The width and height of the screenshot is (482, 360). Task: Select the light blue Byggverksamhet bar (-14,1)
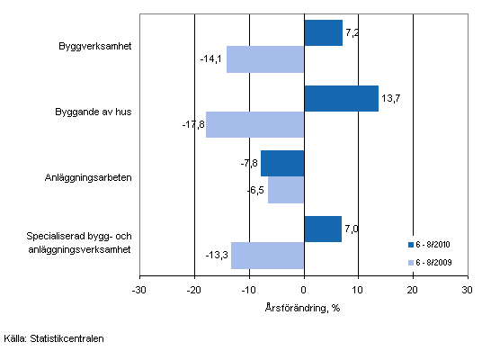click(x=265, y=59)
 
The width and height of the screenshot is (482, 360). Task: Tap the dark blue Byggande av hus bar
click(x=341, y=98)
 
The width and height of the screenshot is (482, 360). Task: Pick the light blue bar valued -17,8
click(x=254, y=124)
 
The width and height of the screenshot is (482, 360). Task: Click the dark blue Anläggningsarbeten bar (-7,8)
click(x=282, y=164)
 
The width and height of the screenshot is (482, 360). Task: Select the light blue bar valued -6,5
click(x=286, y=190)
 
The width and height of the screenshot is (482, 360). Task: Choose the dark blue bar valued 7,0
click(x=323, y=229)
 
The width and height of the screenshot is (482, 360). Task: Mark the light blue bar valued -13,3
click(x=267, y=256)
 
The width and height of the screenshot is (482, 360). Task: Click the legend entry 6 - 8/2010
click(x=434, y=244)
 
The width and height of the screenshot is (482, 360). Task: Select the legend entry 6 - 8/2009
click(x=434, y=262)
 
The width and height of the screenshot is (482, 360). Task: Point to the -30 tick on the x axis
click(x=138, y=290)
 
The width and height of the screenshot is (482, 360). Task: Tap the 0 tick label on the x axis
click(x=304, y=290)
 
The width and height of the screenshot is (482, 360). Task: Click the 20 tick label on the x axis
click(x=413, y=290)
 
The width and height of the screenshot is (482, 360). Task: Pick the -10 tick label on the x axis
click(x=248, y=290)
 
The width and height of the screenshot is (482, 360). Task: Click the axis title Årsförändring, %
click(x=303, y=307)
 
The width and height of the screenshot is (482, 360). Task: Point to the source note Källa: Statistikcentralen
click(x=52, y=339)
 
